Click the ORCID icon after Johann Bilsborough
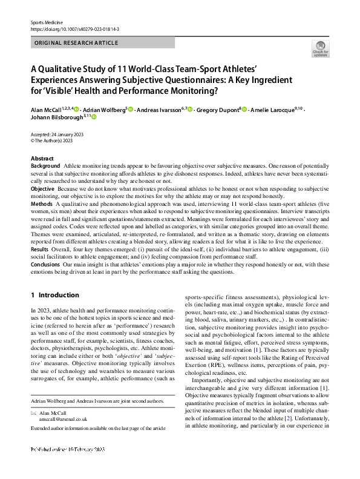[x=94, y=117]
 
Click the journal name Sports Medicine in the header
[x=45, y=22]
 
